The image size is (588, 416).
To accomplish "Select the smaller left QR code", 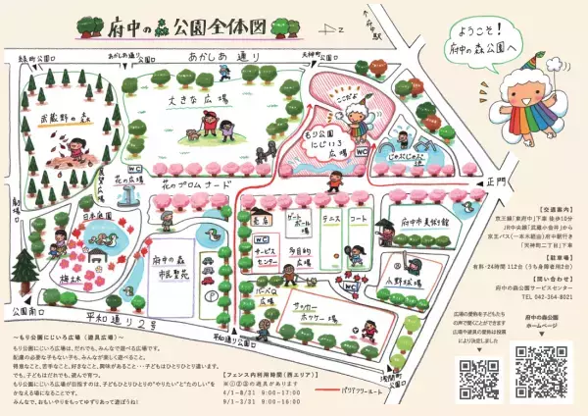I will (474, 374).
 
